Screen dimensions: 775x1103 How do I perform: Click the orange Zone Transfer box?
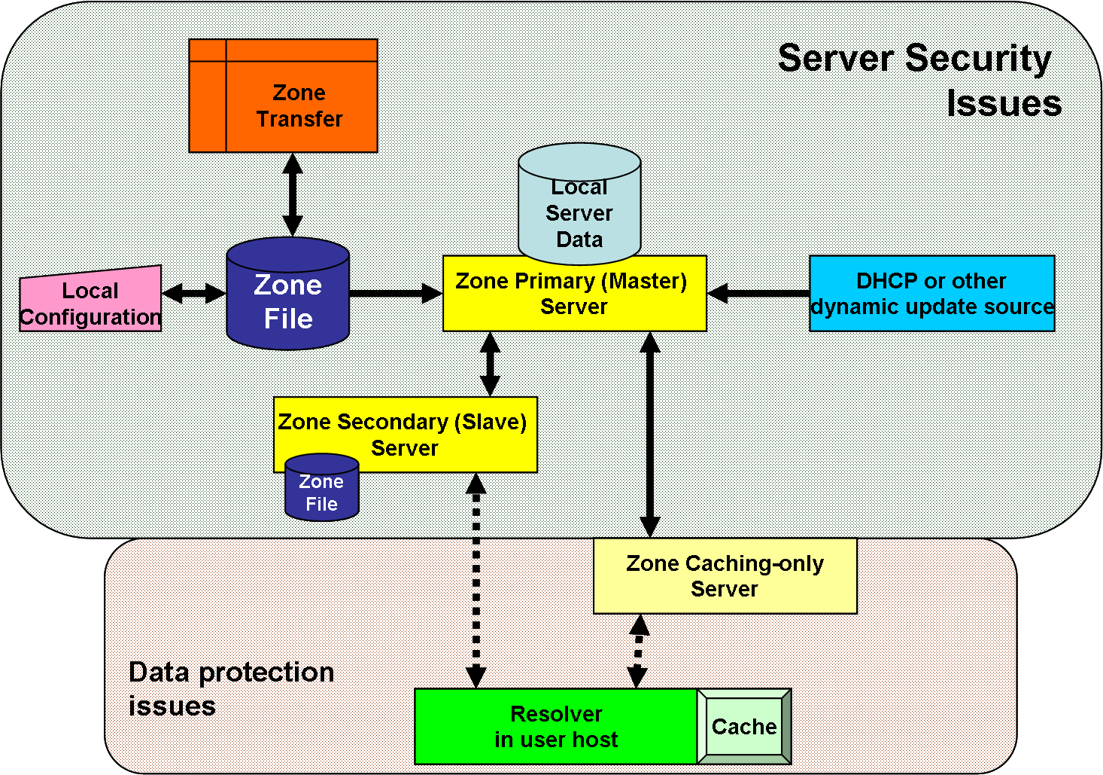pyautogui.click(x=284, y=96)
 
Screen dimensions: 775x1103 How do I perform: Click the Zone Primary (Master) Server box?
pyautogui.click(x=574, y=294)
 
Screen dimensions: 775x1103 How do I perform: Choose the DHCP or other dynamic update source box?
pyautogui.click(x=931, y=294)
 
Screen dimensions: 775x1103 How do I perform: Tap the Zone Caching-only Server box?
pyautogui.click(x=725, y=576)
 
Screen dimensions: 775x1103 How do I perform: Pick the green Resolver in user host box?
pyautogui.click(x=556, y=726)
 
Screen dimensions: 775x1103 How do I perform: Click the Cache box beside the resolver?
pyautogui.click(x=744, y=726)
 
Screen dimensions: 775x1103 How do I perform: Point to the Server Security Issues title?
pyautogui.click(x=918, y=79)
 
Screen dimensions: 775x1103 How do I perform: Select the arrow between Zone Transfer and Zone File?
pyautogui.click(x=293, y=194)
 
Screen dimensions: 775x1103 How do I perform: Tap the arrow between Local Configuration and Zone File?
pyautogui.click(x=194, y=293)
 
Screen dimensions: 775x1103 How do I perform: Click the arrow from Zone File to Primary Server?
pyautogui.click(x=396, y=293)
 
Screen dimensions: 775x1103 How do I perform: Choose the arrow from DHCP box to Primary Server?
pyautogui.click(x=758, y=293)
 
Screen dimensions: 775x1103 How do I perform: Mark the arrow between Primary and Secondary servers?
pyautogui.click(x=491, y=364)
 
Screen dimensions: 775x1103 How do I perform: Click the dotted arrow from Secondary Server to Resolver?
pyautogui.click(x=476, y=580)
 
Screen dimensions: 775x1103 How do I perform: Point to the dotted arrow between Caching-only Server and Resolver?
pyautogui.click(x=638, y=651)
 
